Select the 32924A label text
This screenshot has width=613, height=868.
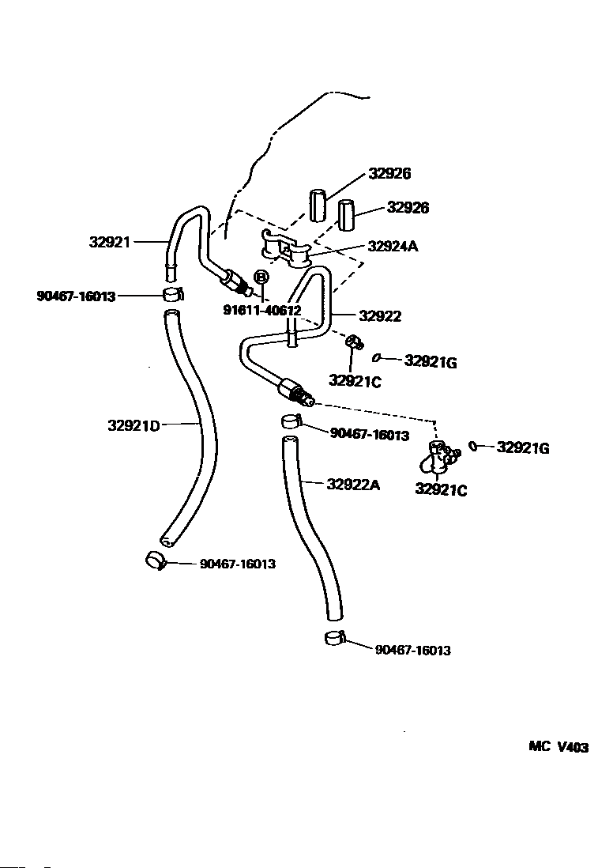point(393,246)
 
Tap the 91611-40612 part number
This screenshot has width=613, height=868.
point(261,311)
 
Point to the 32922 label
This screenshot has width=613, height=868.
point(380,316)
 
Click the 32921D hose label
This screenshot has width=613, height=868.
point(134,425)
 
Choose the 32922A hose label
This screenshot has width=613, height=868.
point(353,485)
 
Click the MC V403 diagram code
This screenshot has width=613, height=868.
point(558,747)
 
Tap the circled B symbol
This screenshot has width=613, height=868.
point(261,276)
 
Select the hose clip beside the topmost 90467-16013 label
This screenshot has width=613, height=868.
point(172,295)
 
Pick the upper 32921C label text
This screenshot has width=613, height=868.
point(355,381)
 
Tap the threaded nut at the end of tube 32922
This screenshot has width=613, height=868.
point(295,390)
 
